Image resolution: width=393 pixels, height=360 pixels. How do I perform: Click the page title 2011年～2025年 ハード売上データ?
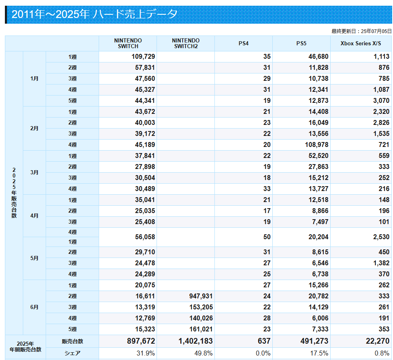(x=95, y=14)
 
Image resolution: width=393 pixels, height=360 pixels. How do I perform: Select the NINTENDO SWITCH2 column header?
(x=186, y=43)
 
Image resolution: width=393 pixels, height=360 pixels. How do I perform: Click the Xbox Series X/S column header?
(x=361, y=43)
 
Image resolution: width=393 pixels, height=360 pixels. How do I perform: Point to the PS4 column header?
(x=243, y=43)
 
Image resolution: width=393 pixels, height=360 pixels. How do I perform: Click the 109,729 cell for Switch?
(x=144, y=57)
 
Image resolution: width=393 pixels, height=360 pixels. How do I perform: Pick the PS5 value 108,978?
(x=316, y=145)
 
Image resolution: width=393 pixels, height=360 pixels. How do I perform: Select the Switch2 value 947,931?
(x=201, y=296)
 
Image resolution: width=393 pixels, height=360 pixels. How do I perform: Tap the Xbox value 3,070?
(x=381, y=100)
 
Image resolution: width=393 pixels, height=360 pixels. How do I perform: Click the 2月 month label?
(x=34, y=129)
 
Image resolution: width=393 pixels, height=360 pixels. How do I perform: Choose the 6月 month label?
(x=34, y=307)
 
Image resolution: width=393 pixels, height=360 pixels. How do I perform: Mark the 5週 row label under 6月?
(x=73, y=329)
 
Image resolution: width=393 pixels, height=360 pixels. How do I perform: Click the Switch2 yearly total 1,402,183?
(x=196, y=341)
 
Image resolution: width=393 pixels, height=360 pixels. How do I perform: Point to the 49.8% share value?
(x=203, y=353)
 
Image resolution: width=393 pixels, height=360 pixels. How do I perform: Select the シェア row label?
(x=73, y=353)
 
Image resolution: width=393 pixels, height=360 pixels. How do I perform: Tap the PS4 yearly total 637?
(x=264, y=341)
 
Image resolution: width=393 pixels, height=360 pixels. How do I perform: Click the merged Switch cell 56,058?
(x=145, y=237)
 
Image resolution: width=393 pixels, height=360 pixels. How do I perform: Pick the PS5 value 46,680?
(x=318, y=57)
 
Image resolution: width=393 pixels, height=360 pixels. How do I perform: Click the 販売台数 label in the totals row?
(x=73, y=341)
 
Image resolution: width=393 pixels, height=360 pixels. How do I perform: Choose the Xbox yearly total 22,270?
(x=378, y=341)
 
